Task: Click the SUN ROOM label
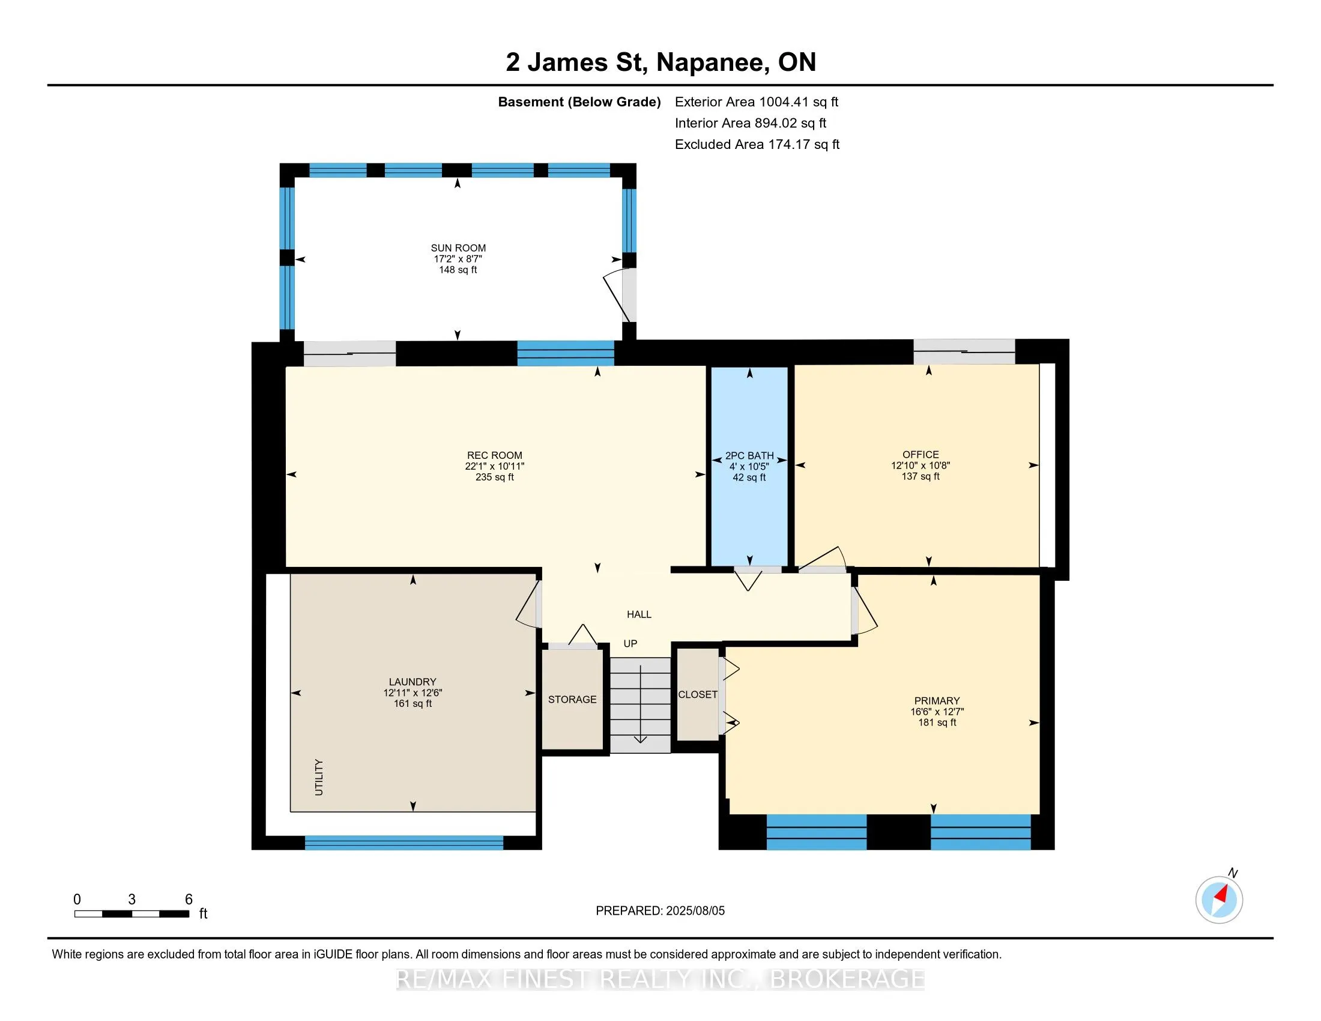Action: tap(458, 248)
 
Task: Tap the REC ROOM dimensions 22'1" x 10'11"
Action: tap(494, 466)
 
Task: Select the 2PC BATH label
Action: tap(749, 456)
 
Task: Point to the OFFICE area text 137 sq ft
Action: tap(920, 477)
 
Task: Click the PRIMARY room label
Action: tap(937, 701)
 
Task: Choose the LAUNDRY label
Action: tap(413, 682)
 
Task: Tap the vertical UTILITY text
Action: tap(319, 777)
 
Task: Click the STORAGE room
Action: tap(572, 699)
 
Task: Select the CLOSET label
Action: tap(697, 694)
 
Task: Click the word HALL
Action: tap(639, 614)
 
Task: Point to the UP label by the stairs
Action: tap(630, 644)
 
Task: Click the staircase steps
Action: tap(640, 705)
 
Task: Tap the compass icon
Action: tap(1219, 900)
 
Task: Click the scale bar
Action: tap(132, 914)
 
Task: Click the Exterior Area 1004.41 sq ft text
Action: tap(757, 102)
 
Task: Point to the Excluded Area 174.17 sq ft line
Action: tap(757, 145)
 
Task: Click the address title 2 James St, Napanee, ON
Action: tap(660, 62)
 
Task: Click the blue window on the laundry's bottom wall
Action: tap(404, 843)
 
